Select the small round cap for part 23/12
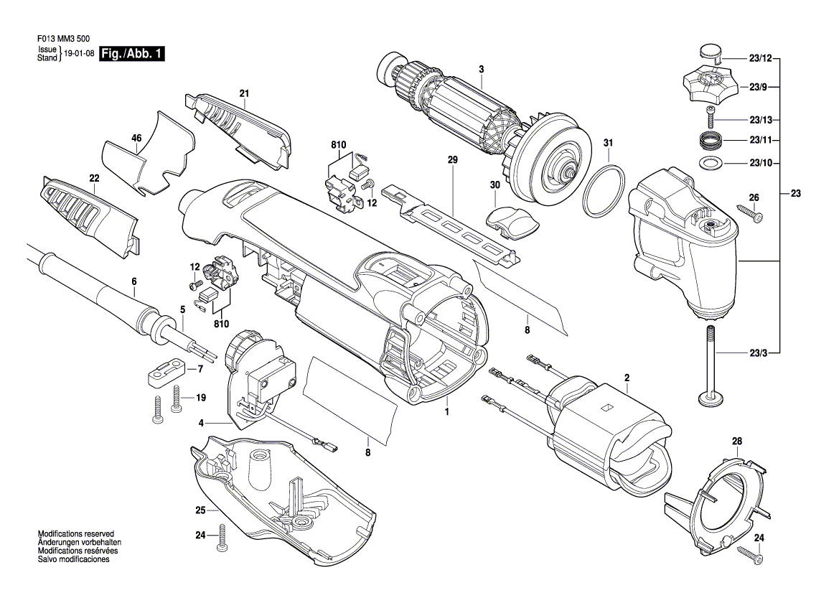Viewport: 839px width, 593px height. [x=708, y=52]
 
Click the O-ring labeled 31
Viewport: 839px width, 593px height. [x=603, y=191]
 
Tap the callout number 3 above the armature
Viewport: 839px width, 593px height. [x=482, y=69]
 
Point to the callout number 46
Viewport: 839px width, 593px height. [x=136, y=138]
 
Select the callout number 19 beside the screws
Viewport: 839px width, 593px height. [x=200, y=397]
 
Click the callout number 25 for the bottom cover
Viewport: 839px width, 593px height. [x=200, y=510]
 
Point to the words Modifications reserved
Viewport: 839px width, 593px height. [x=76, y=536]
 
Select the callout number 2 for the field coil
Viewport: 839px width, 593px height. [x=627, y=377]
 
